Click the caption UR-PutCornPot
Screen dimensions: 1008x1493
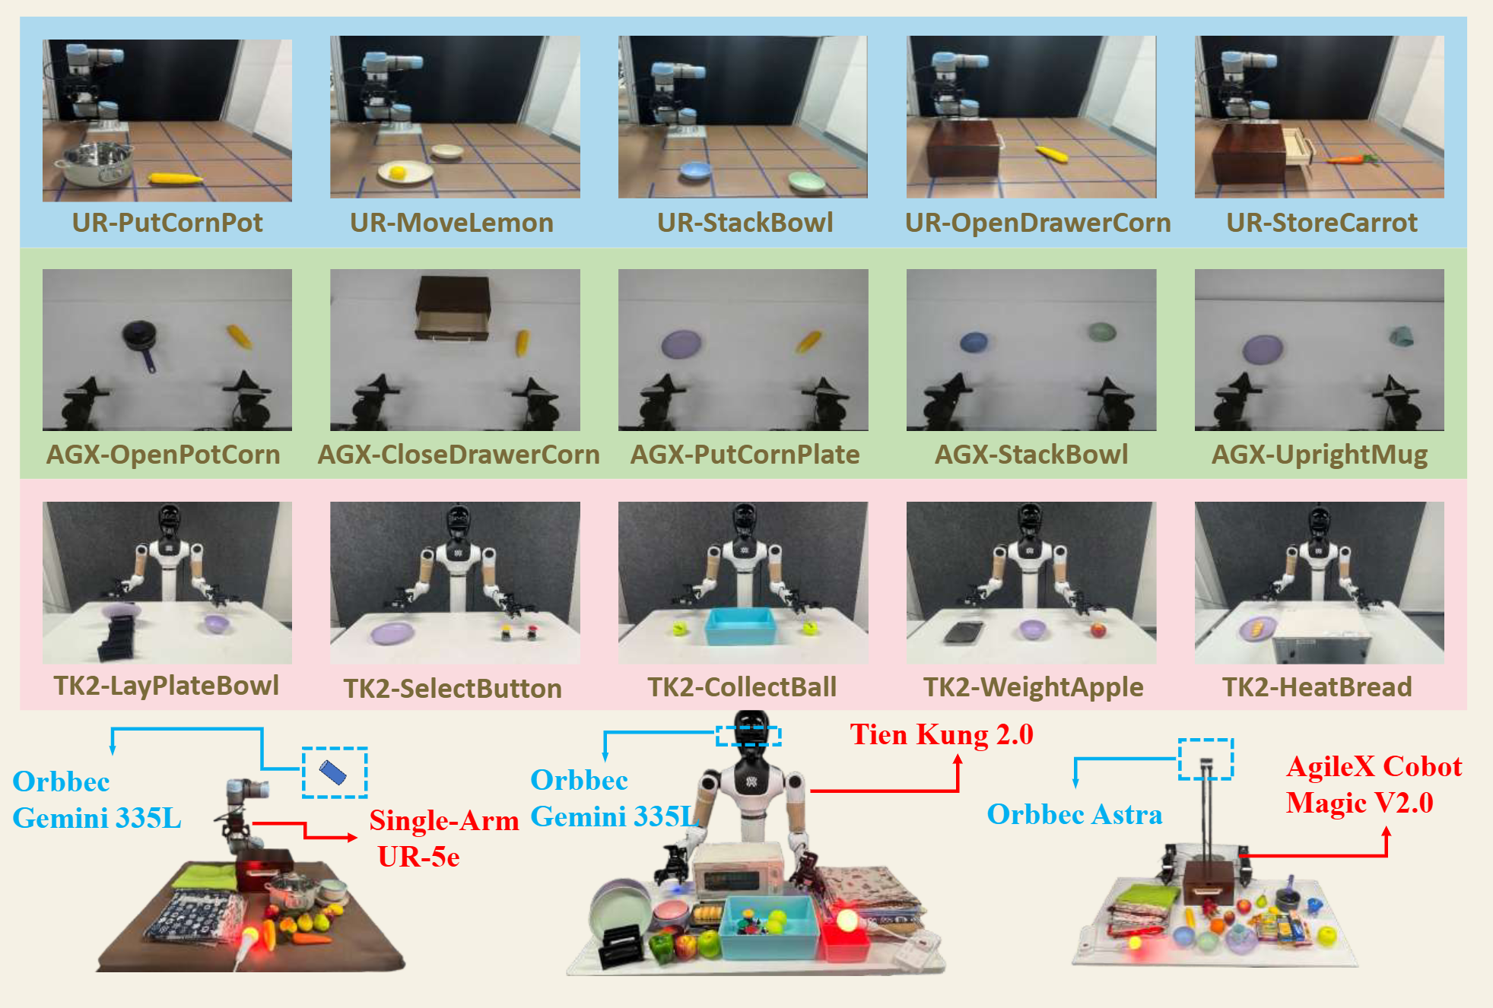pyautogui.click(x=167, y=223)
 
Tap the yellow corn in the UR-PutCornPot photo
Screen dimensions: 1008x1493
pyautogui.click(x=175, y=179)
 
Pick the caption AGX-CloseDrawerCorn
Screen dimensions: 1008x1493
pyautogui.click(x=459, y=455)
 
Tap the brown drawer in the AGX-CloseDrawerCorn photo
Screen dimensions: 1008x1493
pyautogui.click(x=453, y=308)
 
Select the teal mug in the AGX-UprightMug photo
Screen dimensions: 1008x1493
pyautogui.click(x=1401, y=335)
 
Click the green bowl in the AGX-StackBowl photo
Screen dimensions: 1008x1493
pyautogui.click(x=1101, y=332)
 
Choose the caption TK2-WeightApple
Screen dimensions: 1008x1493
pyautogui.click(x=1033, y=687)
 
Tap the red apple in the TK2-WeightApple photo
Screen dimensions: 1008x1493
pyautogui.click(x=1098, y=629)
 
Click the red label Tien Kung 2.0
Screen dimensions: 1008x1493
pyautogui.click(x=942, y=734)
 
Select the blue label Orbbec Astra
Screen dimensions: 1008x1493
pyautogui.click(x=1074, y=814)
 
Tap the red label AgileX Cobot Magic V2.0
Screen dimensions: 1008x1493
pyautogui.click(x=1373, y=785)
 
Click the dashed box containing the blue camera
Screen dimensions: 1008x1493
pyautogui.click(x=335, y=772)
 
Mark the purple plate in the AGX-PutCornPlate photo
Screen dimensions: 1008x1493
pyautogui.click(x=681, y=343)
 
